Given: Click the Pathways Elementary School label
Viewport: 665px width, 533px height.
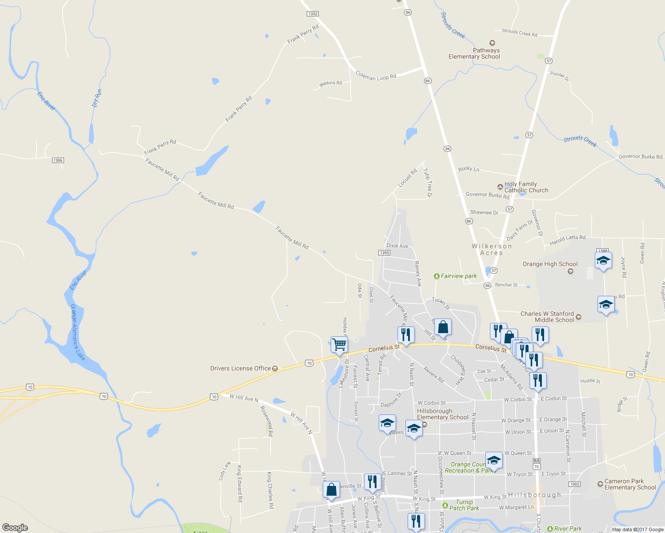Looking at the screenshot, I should coord(474,53).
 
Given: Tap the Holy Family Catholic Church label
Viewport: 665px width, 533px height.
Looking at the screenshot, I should coord(526,187).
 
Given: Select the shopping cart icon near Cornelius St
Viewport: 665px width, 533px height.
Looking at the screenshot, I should coord(339,345).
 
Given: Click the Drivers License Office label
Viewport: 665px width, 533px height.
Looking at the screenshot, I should coord(240,368).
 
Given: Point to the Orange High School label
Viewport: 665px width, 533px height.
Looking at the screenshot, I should coord(550,264).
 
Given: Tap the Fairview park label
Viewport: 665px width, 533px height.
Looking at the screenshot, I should coord(458,276).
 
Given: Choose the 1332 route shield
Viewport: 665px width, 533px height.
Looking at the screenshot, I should coord(313,14).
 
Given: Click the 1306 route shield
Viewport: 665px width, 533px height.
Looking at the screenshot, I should coord(58,160).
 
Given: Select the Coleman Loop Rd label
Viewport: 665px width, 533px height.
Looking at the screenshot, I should coord(376,76).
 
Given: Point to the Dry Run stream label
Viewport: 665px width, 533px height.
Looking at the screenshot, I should coord(97,98).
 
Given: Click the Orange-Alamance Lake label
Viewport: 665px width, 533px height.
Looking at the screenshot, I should coord(77,332).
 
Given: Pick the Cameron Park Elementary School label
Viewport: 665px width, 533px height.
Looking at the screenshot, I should coord(630,484).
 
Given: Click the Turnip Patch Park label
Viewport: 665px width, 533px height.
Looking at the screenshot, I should coord(464,505).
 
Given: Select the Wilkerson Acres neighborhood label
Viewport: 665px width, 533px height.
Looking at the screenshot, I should coord(492,249).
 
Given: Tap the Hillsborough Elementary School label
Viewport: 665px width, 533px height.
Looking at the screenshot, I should coord(442,414).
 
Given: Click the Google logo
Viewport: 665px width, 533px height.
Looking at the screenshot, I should coord(15,527).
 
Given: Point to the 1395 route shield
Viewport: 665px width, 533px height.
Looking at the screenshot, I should coord(384,253).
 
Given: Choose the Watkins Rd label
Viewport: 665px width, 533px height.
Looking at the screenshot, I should coord(331,83).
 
